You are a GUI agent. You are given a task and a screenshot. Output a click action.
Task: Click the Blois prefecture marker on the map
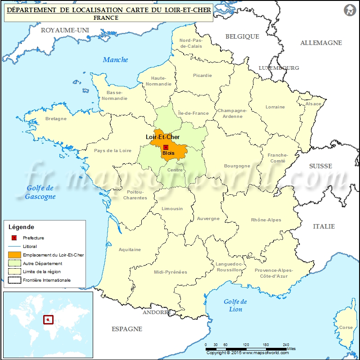pyautogui.click(x=166, y=147)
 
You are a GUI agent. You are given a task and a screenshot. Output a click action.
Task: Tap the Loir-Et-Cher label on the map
pyautogui.click(x=162, y=137)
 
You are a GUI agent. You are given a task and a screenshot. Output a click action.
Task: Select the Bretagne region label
pyautogui.click(x=56, y=119)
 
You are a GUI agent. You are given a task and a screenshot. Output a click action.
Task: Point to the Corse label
pyautogui.click(x=346, y=328)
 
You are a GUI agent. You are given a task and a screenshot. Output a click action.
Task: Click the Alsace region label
pyautogui.click(x=314, y=104)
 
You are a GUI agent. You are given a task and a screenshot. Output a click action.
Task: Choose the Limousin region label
pyautogui.click(x=172, y=209)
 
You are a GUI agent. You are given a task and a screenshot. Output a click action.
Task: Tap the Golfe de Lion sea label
pyautogui.click(x=235, y=306)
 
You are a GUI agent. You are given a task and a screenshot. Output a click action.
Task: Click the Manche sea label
pyautogui.click(x=115, y=60)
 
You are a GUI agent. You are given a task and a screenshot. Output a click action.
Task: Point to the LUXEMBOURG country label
pyautogui.click(x=279, y=68)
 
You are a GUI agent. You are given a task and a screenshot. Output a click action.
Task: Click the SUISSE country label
pyautogui.click(x=320, y=166)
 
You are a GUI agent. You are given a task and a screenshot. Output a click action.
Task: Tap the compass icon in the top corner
pyautogui.click(x=349, y=10)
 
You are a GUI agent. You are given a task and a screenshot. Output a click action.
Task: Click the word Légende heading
pyautogui.click(x=21, y=227)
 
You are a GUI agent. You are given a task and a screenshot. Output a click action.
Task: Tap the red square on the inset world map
pyautogui.click(x=48, y=320)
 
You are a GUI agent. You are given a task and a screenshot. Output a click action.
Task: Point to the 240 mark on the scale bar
pyautogui.click(x=286, y=344)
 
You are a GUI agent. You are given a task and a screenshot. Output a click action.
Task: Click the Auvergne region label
pyautogui.click(x=208, y=219)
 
